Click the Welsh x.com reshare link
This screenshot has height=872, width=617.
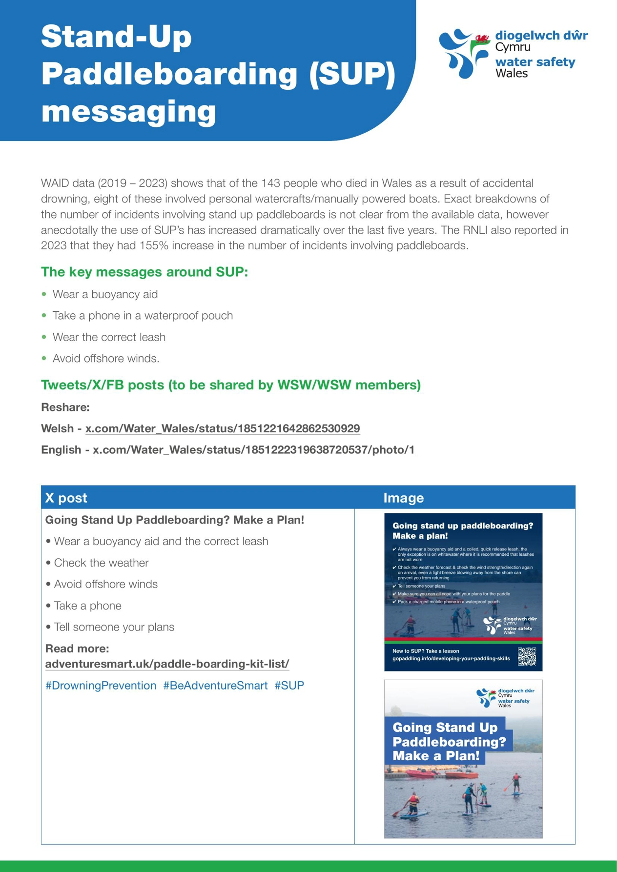[x=223, y=428]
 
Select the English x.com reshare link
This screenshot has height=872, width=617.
[x=254, y=450]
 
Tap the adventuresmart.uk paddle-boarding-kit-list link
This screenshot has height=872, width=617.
[x=167, y=664]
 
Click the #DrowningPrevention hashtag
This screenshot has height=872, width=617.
[x=101, y=686]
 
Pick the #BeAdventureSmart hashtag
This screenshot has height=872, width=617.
[x=215, y=686]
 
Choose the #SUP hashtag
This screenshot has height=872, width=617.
[x=289, y=686]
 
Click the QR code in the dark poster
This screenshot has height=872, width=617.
[x=527, y=656]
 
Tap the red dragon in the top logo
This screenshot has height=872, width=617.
[x=482, y=38]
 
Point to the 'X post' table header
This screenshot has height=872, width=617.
[x=66, y=498]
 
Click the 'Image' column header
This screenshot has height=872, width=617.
[x=403, y=498]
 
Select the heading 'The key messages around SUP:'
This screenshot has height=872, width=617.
[x=144, y=272]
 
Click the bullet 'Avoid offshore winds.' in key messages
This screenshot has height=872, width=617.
[x=106, y=359]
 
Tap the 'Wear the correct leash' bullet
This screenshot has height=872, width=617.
[x=109, y=337]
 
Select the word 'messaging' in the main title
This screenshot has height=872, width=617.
[x=129, y=111]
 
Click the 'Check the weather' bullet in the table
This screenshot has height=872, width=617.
[x=101, y=563]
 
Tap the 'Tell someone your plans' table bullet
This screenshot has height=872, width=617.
[x=114, y=627]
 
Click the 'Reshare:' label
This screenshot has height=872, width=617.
[x=65, y=407]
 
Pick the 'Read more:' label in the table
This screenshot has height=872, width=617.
[x=77, y=649]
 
